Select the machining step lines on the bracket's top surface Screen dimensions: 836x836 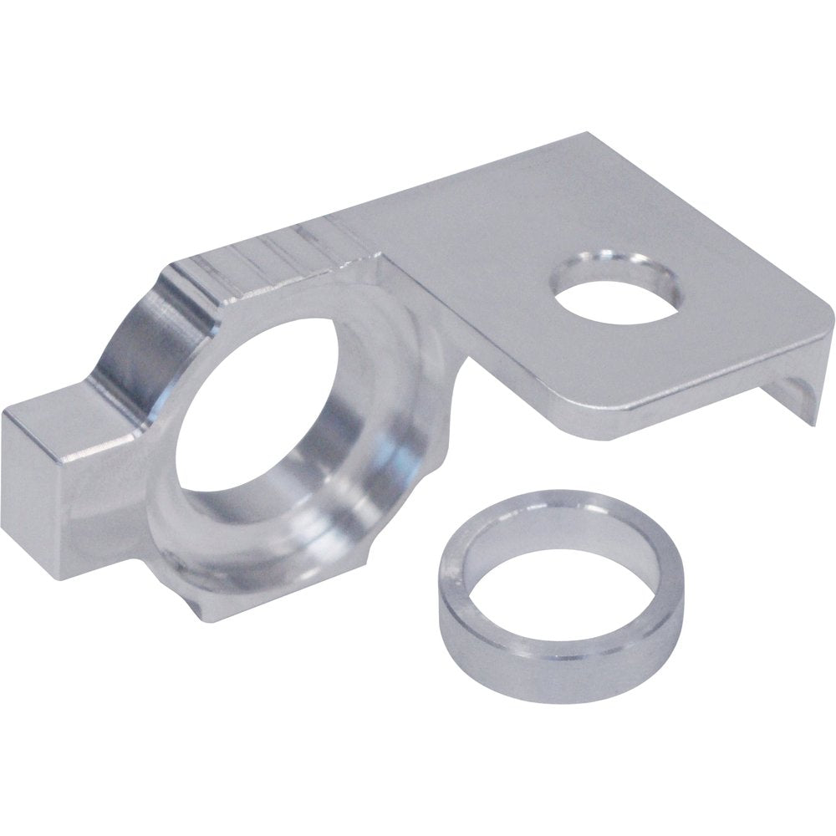coord(276,251)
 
